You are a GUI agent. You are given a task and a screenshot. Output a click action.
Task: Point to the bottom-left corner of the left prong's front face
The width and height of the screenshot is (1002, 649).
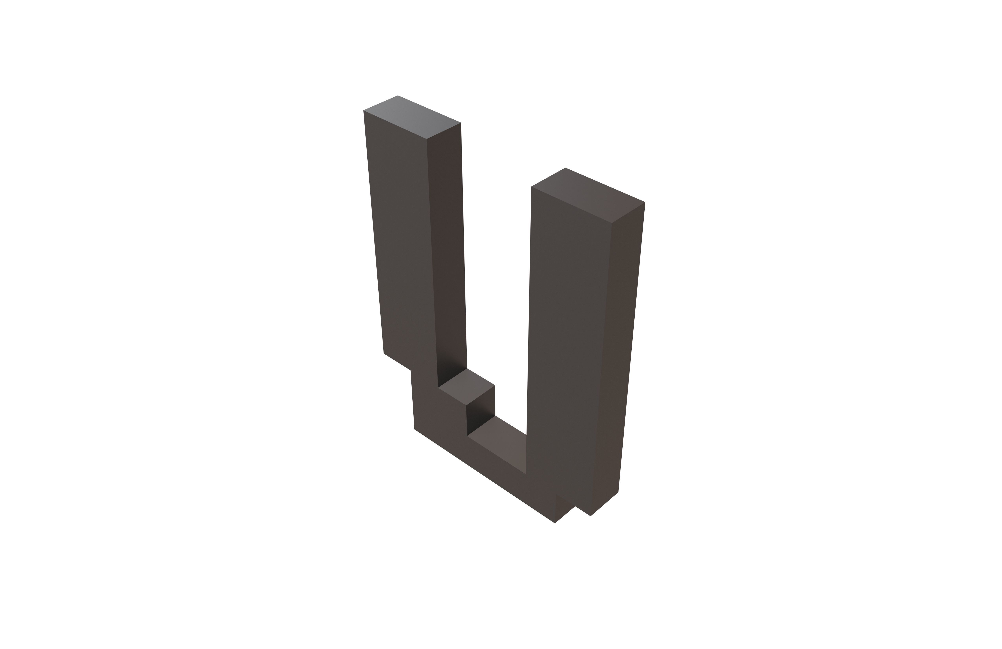(x=384, y=353)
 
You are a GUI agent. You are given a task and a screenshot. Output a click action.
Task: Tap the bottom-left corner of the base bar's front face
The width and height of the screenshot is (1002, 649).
(x=414, y=429)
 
